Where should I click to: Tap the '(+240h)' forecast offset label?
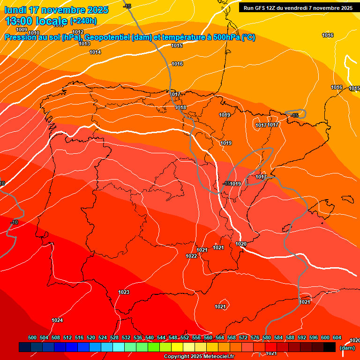(x=83, y=21)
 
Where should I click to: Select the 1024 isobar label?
(x=57, y=320)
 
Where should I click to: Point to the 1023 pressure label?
(x=124, y=292)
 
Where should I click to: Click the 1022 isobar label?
(x=191, y=256)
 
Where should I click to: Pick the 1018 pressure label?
(x=181, y=107)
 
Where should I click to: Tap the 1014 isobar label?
(x=95, y=52)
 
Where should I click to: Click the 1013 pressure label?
(x=84, y=44)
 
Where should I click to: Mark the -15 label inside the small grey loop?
(x=294, y=115)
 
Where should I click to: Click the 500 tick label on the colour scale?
(x=32, y=337)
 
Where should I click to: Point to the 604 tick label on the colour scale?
(x=337, y=337)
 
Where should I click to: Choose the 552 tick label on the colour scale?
(x=185, y=337)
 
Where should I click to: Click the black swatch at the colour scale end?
(x=329, y=347)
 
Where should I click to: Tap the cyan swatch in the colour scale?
(x=118, y=347)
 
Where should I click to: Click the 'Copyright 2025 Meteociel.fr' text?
(x=199, y=356)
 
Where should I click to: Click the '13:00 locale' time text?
(x=37, y=21)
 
